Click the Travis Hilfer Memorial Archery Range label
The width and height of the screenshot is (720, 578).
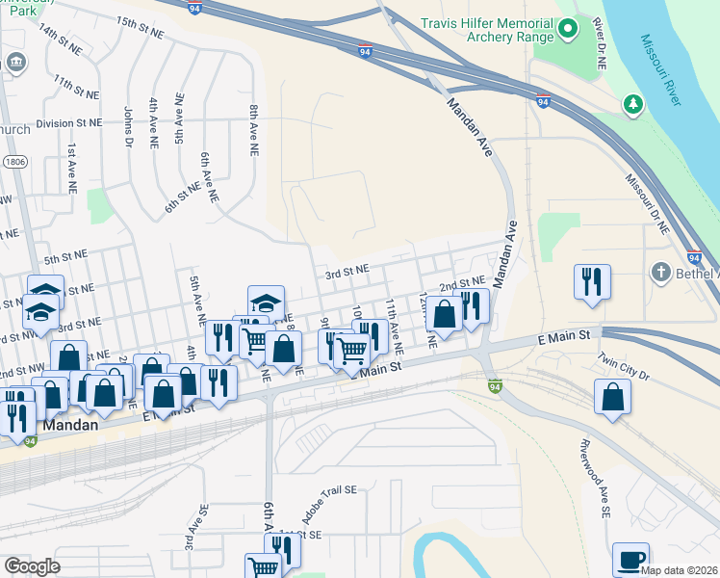pyautogui.click(x=487, y=30)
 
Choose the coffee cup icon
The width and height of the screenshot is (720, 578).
pyautogui.click(x=630, y=560)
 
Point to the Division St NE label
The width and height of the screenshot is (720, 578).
pyautogui.click(x=68, y=123)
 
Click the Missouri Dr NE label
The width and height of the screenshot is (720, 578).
pyautogui.click(x=648, y=204)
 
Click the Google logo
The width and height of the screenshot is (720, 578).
pyautogui.click(x=32, y=566)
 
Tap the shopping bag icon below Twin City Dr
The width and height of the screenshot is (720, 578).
pyautogui.click(x=612, y=397)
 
